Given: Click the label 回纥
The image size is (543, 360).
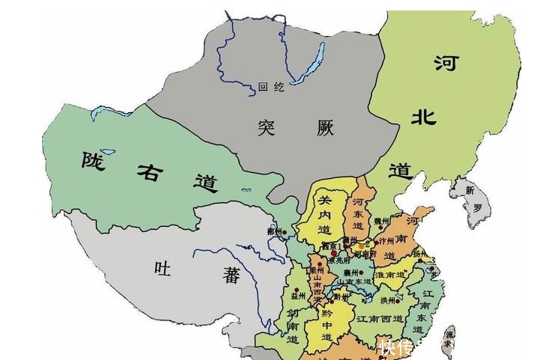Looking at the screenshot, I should pyautogui.click(x=270, y=87).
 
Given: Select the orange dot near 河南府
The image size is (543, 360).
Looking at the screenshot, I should pyautogui.click(x=362, y=245).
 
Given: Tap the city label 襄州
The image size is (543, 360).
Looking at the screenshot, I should pyautogui.click(x=348, y=273).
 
